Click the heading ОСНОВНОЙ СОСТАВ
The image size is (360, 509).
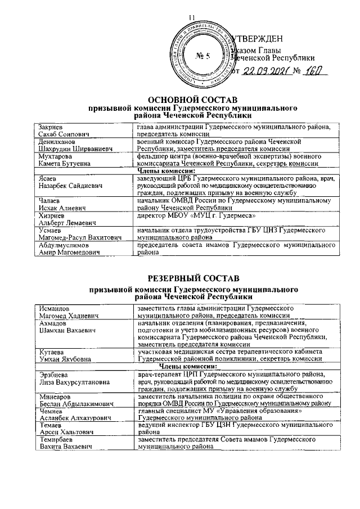[x=193, y=97]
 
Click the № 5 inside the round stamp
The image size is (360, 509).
[x=202, y=56]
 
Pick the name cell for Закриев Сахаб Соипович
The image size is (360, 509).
[x=82, y=130]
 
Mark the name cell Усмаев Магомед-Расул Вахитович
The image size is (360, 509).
[x=82, y=234]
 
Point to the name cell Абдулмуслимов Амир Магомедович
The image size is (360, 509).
[x=82, y=249]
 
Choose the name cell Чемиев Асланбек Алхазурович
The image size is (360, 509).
[x=82, y=415]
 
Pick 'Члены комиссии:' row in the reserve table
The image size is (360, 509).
[x=193, y=366]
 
